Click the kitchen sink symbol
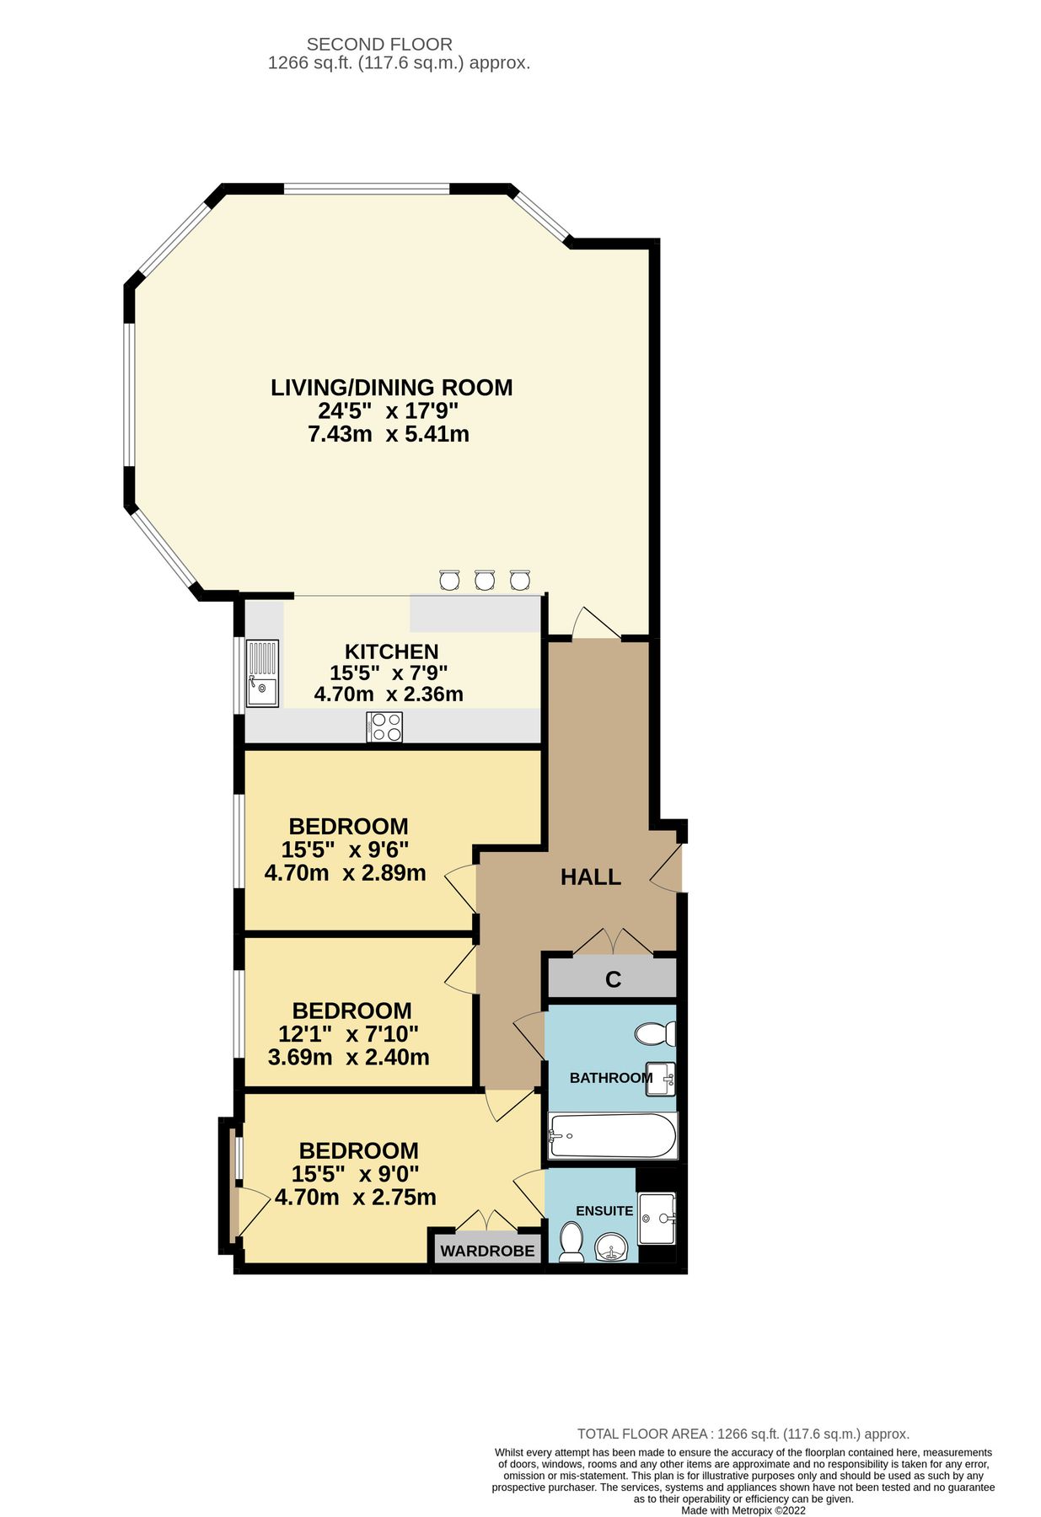(262, 673)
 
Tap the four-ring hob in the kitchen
(384, 727)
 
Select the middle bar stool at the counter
(484, 580)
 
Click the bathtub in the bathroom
(612, 1135)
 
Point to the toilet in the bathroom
(655, 1033)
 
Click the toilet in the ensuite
(572, 1241)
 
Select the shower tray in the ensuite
(657, 1218)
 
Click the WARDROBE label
(487, 1251)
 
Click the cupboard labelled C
(613, 979)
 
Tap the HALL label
(591, 877)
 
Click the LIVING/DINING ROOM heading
(391, 388)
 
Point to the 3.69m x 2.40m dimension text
(348, 1057)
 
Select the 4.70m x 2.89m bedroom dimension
(345, 872)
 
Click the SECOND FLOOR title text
(379, 44)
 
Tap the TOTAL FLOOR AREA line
(743, 1434)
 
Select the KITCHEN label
(391, 651)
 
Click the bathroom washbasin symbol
(660, 1079)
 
